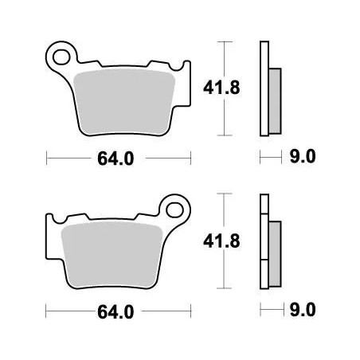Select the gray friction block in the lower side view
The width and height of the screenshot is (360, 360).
(275, 249)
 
